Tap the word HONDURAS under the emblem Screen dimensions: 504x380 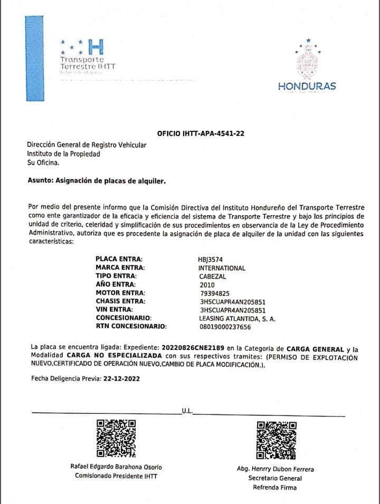(307, 86)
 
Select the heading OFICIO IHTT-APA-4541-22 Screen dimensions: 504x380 (201, 134)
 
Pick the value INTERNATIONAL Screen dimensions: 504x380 (222, 268)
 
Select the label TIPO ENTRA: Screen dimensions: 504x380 (116, 276)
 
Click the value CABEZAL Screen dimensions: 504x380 (213, 276)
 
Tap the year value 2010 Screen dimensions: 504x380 (207, 285)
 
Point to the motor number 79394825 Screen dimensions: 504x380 (215, 293)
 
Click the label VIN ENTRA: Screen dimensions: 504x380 (115, 310)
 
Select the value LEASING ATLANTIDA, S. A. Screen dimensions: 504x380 (237, 318)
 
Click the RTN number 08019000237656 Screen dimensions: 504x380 (225, 327)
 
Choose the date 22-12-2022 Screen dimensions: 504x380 (121, 379)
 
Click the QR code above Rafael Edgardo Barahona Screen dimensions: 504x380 (116, 438)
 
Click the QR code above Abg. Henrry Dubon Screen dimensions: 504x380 (275, 440)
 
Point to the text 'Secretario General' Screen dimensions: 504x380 (275, 478)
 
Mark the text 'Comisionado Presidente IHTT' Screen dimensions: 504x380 (116, 476)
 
